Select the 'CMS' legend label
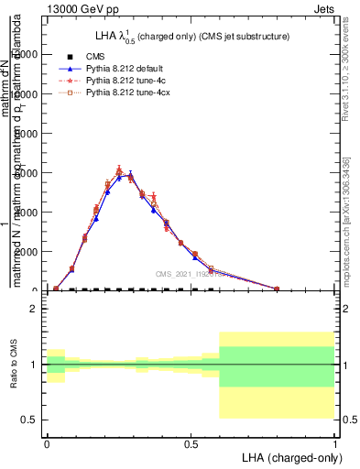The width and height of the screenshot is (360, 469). (94, 56)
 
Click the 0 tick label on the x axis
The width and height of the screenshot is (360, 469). (47, 442)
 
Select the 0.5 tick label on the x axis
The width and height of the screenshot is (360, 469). (191, 442)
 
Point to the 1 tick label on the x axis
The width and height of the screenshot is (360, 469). (335, 442)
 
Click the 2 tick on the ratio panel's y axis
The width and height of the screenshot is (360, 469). (34, 309)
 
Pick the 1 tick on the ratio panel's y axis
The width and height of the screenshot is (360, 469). (34, 365)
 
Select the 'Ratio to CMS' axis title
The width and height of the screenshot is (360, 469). (14, 365)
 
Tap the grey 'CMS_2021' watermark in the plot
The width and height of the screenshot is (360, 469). (176, 274)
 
